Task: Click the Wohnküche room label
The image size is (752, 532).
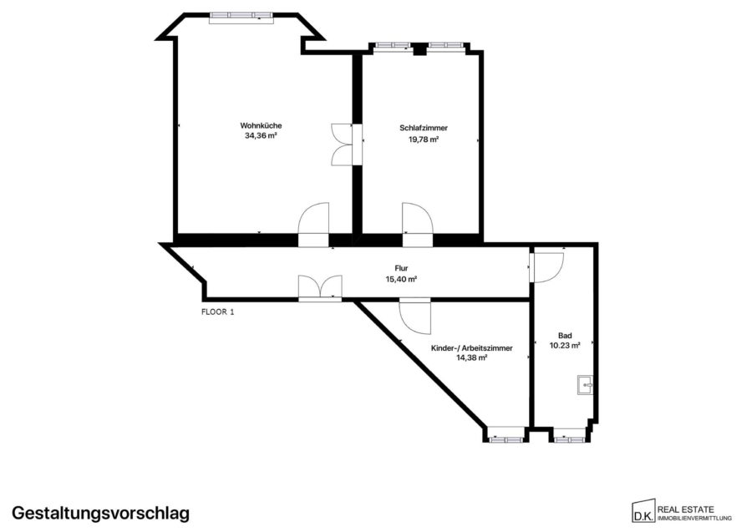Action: click(x=261, y=125)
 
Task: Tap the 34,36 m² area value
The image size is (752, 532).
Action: click(x=261, y=135)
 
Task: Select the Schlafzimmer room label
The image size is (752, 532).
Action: click(x=424, y=128)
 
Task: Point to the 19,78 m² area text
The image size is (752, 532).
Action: click(x=424, y=139)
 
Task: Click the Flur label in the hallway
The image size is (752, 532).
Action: click(x=401, y=268)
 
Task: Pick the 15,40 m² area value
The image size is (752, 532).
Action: click(x=401, y=279)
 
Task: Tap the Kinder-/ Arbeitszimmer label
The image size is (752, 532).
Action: click(x=472, y=348)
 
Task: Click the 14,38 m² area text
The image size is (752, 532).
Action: click(x=472, y=357)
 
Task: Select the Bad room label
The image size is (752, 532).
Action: click(x=565, y=336)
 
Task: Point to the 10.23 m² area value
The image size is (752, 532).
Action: click(x=565, y=345)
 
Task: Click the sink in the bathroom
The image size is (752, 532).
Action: click(x=586, y=384)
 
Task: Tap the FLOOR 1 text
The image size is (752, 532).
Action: click(x=218, y=312)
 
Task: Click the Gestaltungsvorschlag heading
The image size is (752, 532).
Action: click(x=101, y=513)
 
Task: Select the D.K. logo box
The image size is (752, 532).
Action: click(x=643, y=512)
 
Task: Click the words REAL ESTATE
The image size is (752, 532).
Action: click(x=685, y=509)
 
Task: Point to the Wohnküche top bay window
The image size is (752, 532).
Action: click(x=241, y=18)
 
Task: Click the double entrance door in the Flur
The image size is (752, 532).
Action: click(x=320, y=288)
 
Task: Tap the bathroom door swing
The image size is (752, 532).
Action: click(x=546, y=267)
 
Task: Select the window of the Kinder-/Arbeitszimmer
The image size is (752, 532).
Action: click(x=506, y=438)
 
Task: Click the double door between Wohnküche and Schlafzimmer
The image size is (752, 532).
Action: click(x=346, y=144)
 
